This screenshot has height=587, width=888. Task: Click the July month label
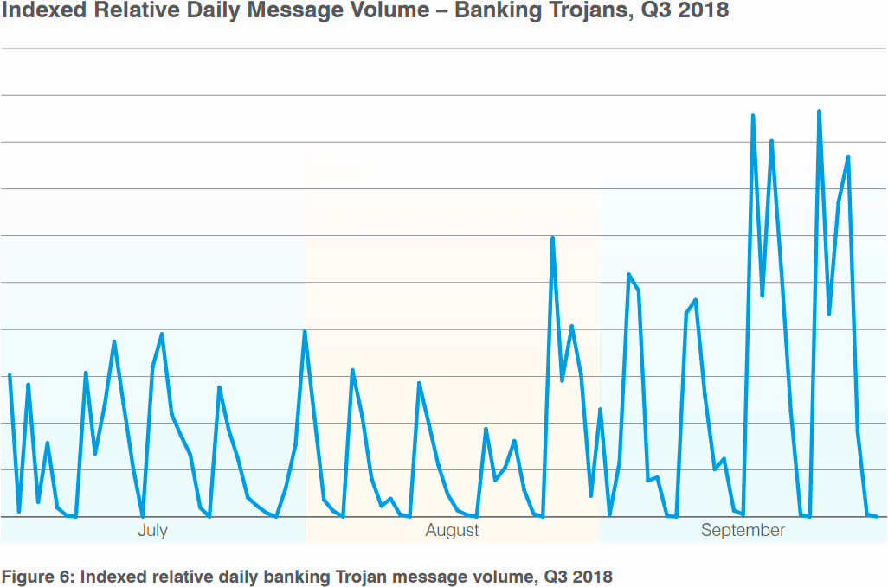[x=152, y=530]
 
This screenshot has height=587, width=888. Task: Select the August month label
[x=452, y=530]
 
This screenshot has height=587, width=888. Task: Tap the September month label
[x=743, y=530]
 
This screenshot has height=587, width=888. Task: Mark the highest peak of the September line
[x=819, y=112]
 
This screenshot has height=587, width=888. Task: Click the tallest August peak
[x=552, y=238]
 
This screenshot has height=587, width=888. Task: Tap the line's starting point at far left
[x=10, y=375]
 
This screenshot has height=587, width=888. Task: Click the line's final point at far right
[x=877, y=516]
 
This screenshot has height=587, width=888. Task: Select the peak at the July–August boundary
[x=305, y=332]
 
